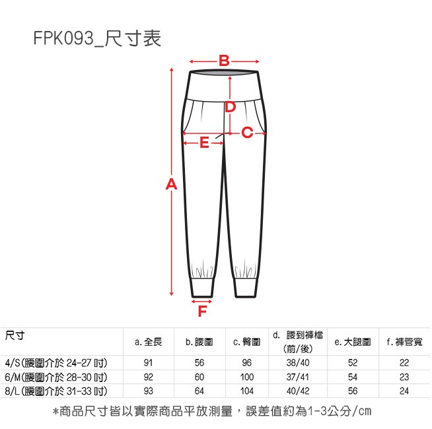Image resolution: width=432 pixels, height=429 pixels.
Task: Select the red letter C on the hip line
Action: tap(247, 133)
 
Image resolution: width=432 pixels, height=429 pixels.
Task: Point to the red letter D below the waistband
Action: tap(230, 106)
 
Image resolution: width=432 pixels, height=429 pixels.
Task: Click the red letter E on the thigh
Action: tap(203, 142)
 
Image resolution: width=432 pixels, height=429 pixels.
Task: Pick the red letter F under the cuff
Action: tap(203, 310)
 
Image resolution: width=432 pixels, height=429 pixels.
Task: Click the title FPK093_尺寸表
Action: tap(97, 39)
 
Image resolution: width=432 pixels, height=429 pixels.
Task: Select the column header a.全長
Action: tap(148, 343)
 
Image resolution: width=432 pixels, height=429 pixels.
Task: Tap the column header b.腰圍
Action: tap(198, 343)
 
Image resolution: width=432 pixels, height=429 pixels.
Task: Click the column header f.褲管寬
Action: tap(404, 343)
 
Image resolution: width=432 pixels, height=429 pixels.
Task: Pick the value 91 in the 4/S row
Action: tap(148, 363)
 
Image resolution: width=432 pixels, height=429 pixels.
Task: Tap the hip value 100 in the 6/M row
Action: tap(247, 377)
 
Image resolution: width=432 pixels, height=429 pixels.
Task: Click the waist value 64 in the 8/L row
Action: tap(198, 391)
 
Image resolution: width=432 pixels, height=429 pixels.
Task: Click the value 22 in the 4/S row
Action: tap(404, 363)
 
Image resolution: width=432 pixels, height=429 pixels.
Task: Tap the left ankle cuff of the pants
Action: tap(202, 288)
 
